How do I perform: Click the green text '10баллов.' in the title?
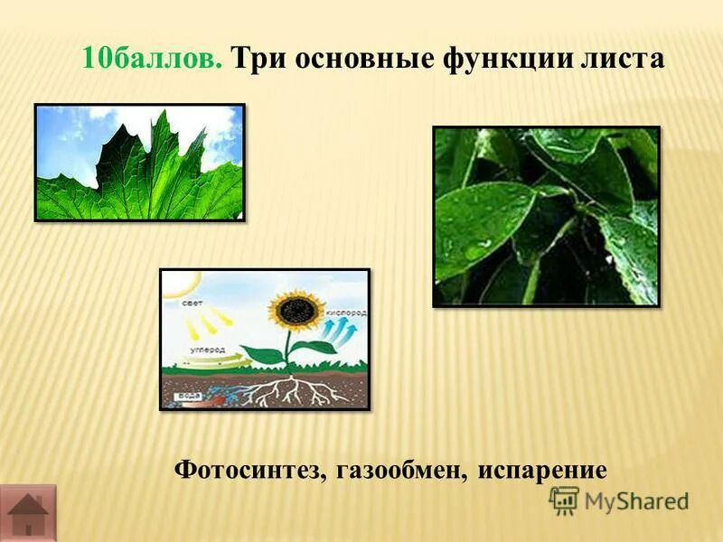point(152,60)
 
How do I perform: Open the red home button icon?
point(27,513)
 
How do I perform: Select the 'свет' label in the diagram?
point(192,304)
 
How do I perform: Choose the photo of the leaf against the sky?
point(139,163)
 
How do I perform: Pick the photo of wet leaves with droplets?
point(546,216)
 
